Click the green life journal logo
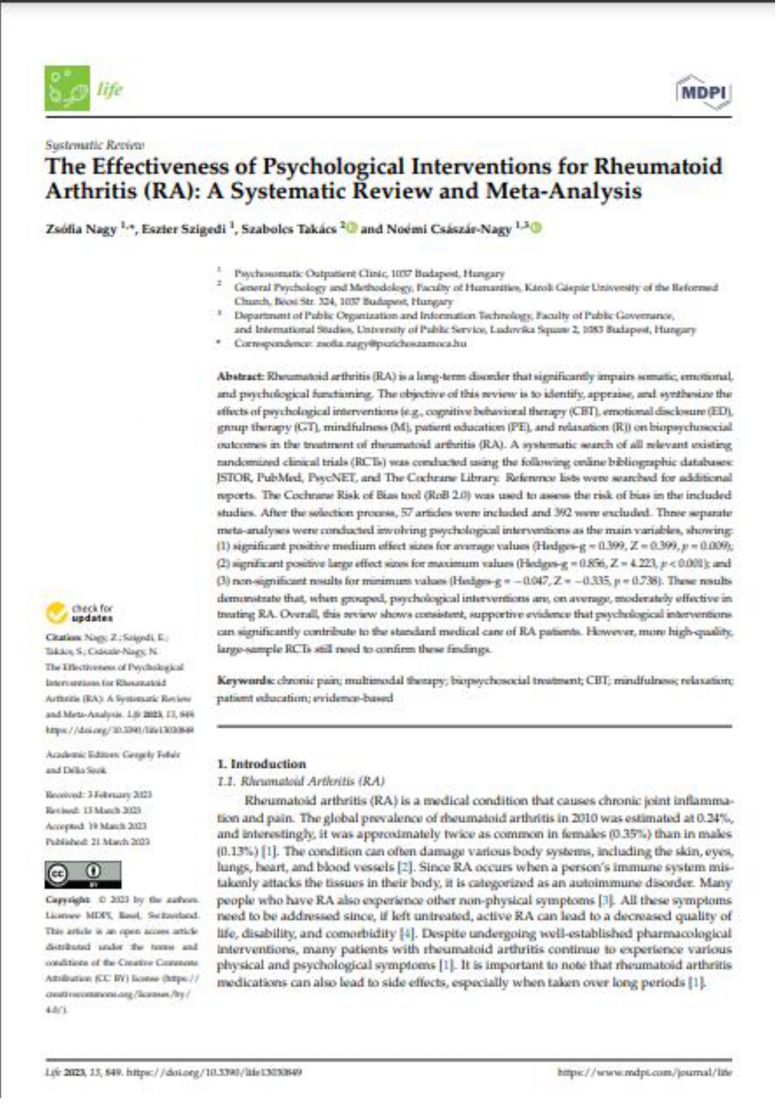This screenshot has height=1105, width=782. (67, 89)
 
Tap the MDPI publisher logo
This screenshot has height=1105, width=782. (704, 92)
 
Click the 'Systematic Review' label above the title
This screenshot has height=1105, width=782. (95, 145)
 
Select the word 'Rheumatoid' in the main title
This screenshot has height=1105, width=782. (658, 166)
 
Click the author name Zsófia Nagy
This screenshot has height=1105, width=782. (81, 229)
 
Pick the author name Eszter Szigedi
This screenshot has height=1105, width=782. (183, 229)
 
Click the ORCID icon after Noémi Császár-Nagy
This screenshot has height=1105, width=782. (536, 228)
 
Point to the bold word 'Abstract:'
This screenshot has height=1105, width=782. (240, 377)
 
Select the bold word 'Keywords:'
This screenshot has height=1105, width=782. (245, 680)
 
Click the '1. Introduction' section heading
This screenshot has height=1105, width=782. (262, 764)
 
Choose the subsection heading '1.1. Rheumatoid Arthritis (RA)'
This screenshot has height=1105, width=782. (300, 781)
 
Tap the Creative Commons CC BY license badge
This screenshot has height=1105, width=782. (83, 875)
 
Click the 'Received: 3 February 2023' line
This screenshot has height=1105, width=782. (98, 795)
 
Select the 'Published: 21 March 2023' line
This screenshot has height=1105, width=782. (97, 842)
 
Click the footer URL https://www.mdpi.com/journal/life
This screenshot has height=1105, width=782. (645, 1072)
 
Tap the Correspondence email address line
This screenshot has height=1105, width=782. (350, 344)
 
